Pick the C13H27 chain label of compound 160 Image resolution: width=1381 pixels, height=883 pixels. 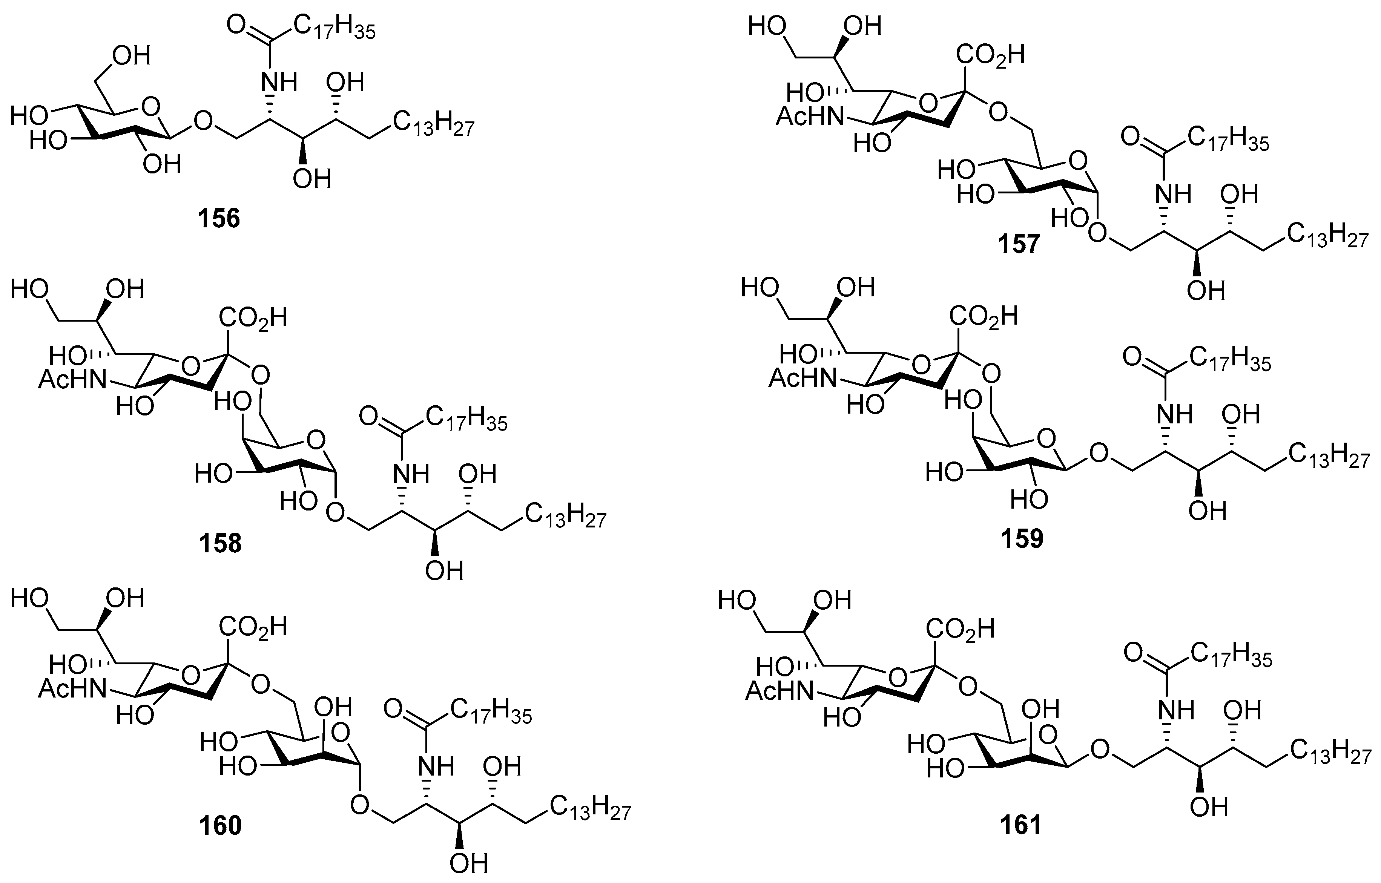click(x=591, y=808)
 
